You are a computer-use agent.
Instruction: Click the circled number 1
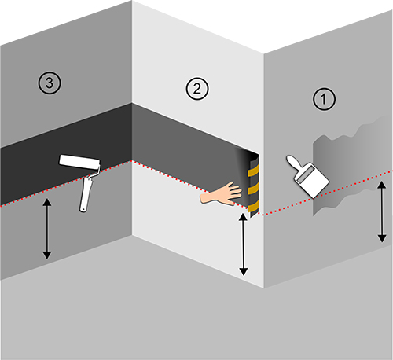324,99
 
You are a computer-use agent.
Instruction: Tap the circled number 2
197,89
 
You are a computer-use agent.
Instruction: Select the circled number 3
50,83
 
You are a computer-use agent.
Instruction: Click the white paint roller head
79,161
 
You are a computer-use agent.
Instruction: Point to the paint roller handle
86,194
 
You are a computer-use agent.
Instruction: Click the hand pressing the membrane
222,194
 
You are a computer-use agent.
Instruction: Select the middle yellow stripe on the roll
253,188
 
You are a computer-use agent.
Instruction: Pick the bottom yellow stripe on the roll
253,206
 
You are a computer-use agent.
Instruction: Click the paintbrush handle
294,163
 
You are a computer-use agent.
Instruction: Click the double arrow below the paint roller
47,229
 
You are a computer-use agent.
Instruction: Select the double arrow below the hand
244,244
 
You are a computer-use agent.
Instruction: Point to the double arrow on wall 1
382,211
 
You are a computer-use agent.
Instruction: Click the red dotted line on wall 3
65,183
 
